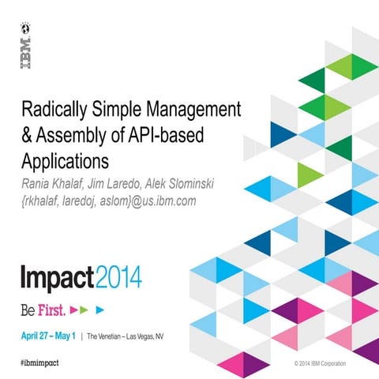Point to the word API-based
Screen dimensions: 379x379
165,134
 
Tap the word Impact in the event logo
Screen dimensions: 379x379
58,279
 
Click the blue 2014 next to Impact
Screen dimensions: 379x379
119,279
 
